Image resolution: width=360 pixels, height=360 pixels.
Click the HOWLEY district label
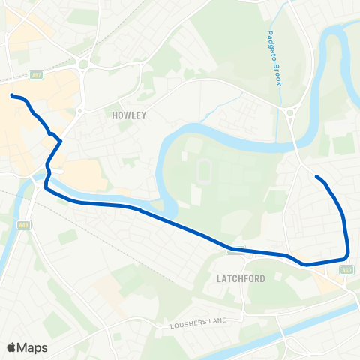128,115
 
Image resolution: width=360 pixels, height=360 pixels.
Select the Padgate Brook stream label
274,57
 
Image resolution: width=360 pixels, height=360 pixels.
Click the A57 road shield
36,74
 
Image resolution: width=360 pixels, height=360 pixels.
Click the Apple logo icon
11,347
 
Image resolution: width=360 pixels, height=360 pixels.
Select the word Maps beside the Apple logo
32,347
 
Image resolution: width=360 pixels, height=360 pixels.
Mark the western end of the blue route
12,95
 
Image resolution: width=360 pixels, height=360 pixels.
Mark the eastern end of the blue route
316,177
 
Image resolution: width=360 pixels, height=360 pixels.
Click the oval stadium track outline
203,171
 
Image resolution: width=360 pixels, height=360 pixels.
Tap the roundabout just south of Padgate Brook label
289,112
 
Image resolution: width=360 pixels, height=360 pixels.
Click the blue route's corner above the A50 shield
346,258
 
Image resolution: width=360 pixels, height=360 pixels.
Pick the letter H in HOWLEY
114,115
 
